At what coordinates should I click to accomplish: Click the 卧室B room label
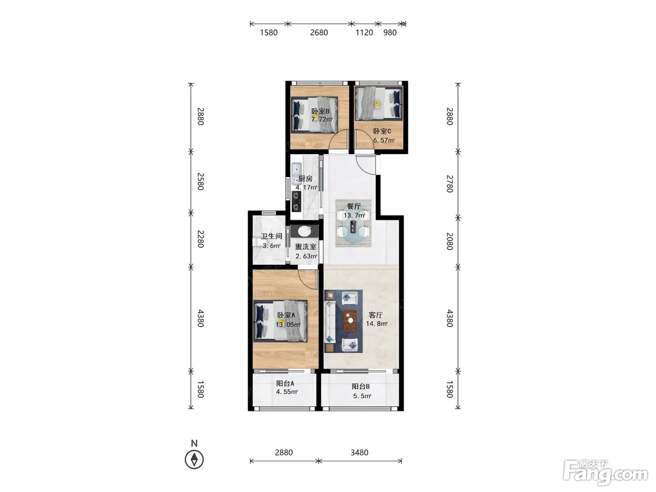(x=321, y=111)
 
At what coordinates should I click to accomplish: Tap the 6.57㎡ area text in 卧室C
(x=384, y=140)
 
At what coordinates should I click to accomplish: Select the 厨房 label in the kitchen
(x=305, y=179)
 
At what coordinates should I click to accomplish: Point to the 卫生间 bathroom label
(x=271, y=236)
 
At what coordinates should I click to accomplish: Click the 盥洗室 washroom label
(x=306, y=247)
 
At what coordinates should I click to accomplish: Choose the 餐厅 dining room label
(x=354, y=207)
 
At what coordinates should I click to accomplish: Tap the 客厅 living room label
(x=376, y=315)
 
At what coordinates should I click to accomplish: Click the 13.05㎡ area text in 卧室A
(x=288, y=324)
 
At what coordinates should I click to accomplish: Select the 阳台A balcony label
(x=285, y=383)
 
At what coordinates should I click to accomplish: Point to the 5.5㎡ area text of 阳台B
(x=362, y=396)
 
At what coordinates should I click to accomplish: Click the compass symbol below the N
(x=194, y=460)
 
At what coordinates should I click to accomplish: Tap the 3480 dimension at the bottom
(x=359, y=453)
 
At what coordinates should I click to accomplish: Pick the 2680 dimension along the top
(x=319, y=32)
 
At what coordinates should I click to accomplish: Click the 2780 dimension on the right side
(x=450, y=184)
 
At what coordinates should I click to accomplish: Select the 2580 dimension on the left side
(x=201, y=181)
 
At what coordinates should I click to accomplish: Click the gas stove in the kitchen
(x=297, y=201)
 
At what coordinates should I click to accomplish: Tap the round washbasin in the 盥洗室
(x=305, y=231)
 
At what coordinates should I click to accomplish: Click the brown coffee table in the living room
(x=350, y=321)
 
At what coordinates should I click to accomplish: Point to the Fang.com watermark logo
(x=605, y=475)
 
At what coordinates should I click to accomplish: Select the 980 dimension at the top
(x=390, y=32)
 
